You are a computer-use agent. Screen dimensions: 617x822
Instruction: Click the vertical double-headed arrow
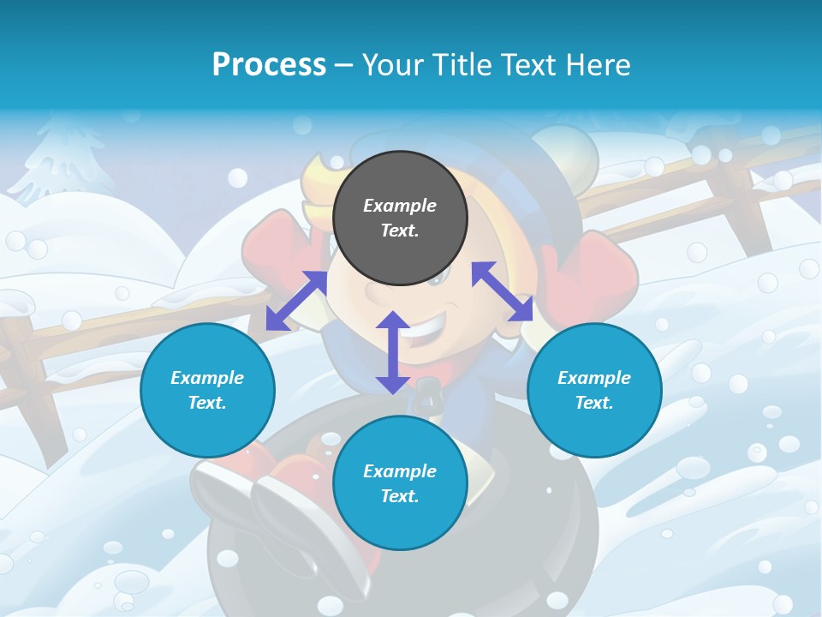[393, 352]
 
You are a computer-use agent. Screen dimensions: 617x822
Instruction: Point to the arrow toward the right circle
[502, 291]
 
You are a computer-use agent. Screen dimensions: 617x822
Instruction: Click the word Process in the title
[269, 64]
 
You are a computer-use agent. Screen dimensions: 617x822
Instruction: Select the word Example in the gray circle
[400, 206]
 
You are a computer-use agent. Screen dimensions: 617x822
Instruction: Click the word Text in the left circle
[207, 403]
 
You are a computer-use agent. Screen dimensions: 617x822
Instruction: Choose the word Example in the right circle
[594, 378]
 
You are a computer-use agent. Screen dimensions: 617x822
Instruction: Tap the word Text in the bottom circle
[400, 496]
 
